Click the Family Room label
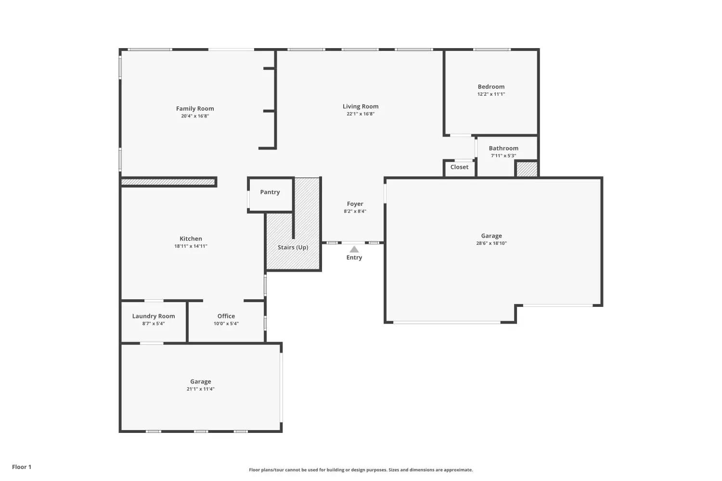pyautogui.click(x=194, y=109)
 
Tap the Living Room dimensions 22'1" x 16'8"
pyautogui.click(x=361, y=114)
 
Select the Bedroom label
pyautogui.click(x=491, y=87)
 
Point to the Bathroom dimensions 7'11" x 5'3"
pyautogui.click(x=503, y=156)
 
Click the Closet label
pyautogui.click(x=459, y=167)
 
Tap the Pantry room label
pyautogui.click(x=270, y=192)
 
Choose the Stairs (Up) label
pyautogui.click(x=293, y=247)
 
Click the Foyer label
pyautogui.click(x=355, y=204)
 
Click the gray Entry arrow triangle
pyautogui.click(x=354, y=249)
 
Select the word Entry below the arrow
pyautogui.click(x=354, y=257)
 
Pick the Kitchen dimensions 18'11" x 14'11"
pyautogui.click(x=191, y=246)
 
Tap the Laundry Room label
pyautogui.click(x=154, y=316)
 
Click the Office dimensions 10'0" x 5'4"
pyautogui.click(x=226, y=323)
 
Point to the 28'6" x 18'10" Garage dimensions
pyautogui.click(x=491, y=243)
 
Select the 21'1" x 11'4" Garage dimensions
pyautogui.click(x=201, y=389)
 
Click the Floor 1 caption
pyautogui.click(x=22, y=467)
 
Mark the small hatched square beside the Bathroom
pyautogui.click(x=527, y=169)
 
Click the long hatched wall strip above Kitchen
pyautogui.click(x=168, y=182)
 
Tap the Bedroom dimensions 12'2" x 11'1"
pyautogui.click(x=491, y=94)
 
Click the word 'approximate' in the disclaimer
pyautogui.click(x=458, y=470)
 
